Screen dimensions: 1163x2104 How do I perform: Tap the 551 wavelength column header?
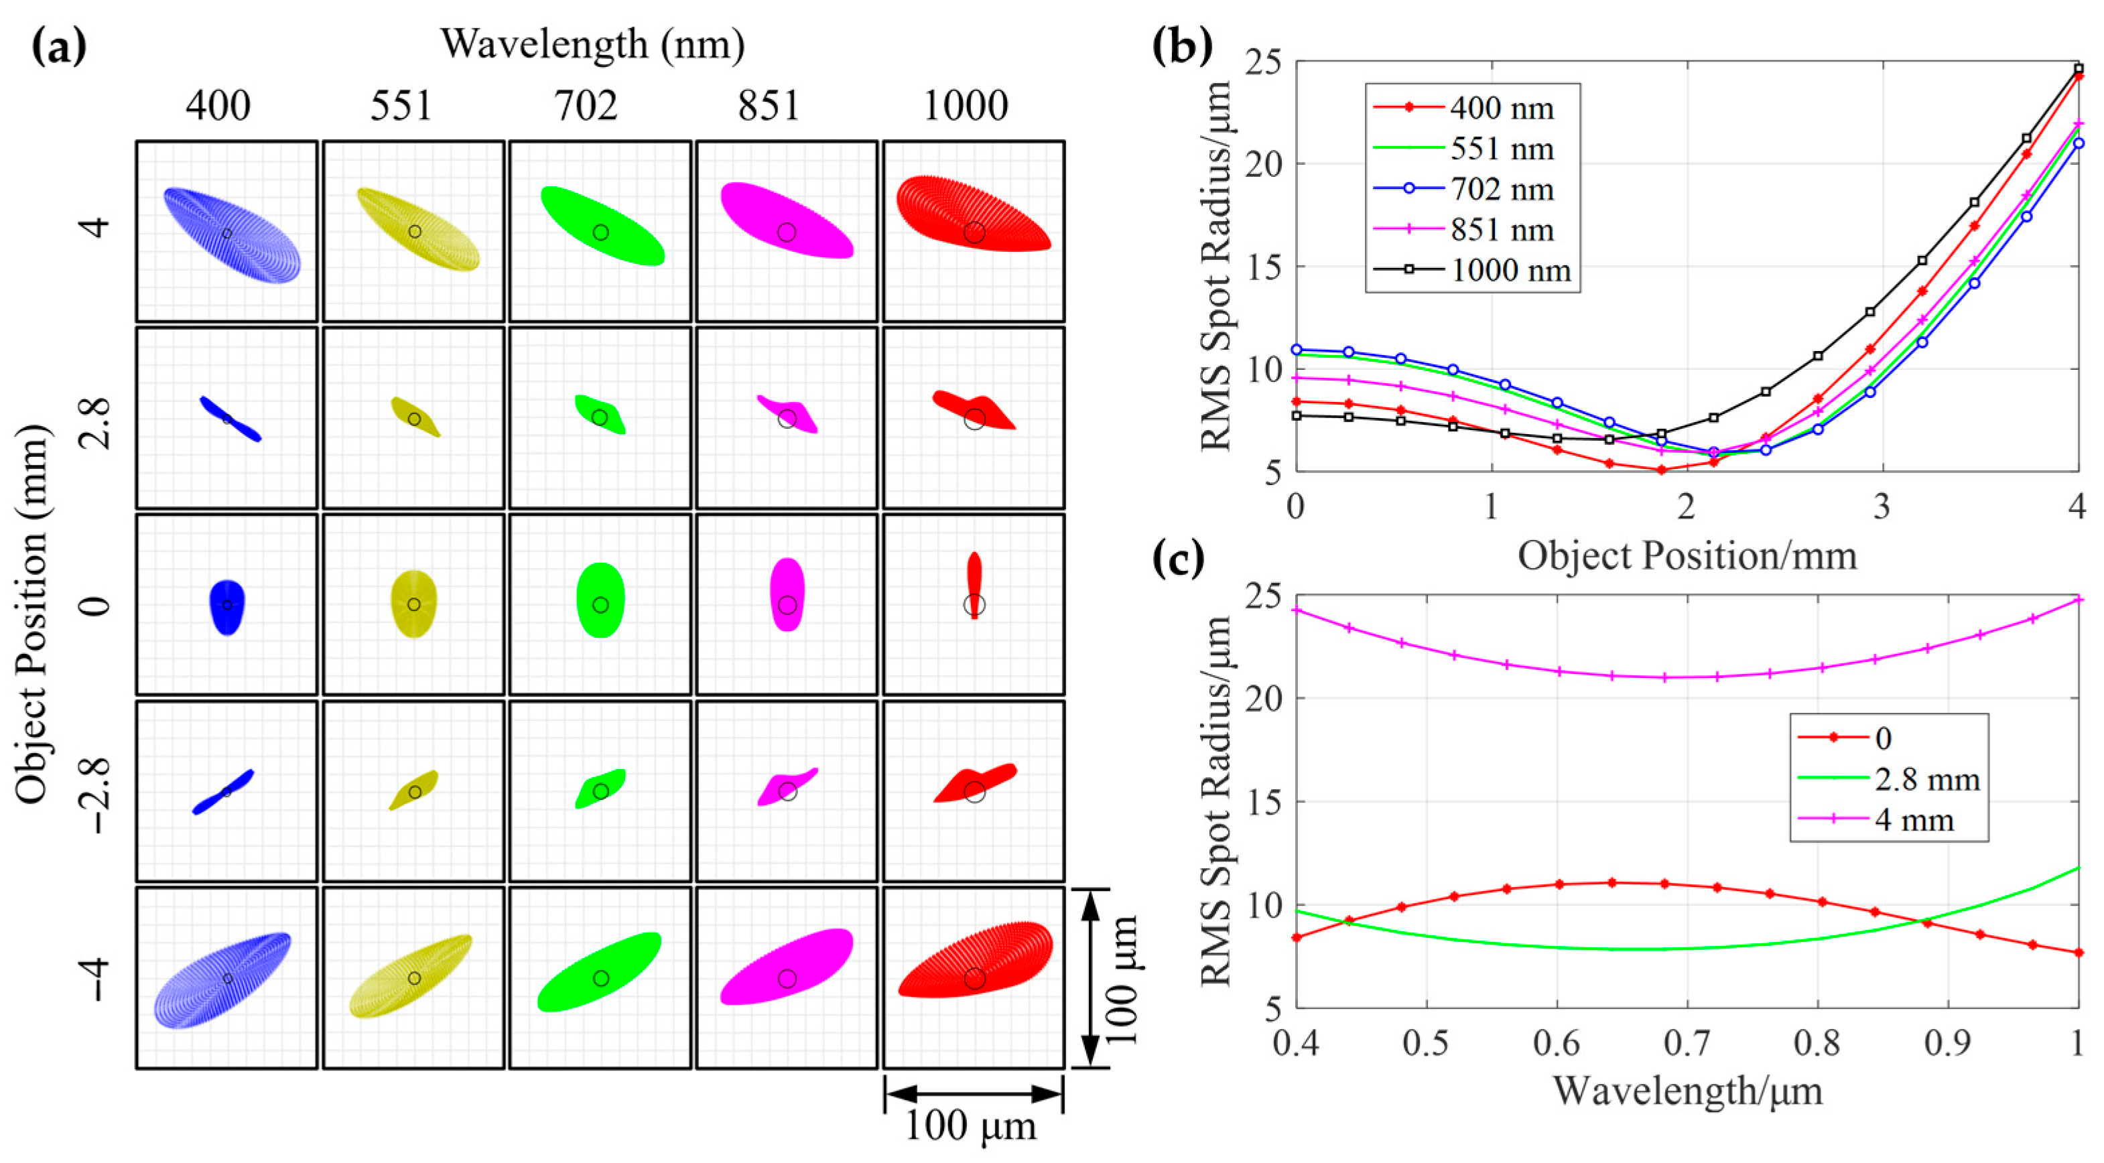pyautogui.click(x=401, y=106)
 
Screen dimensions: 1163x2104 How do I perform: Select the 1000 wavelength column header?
pyautogui.click(x=966, y=106)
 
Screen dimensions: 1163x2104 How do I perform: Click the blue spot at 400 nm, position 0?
pyautogui.click(x=227, y=606)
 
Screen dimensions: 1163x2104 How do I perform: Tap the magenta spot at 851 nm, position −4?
pyautogui.click(x=787, y=968)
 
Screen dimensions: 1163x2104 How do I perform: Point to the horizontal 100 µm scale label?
pyautogui.click(x=970, y=1126)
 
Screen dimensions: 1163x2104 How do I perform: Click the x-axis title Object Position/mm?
pyautogui.click(x=1687, y=556)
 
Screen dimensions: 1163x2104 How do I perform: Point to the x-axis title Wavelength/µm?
pyautogui.click(x=1687, y=1091)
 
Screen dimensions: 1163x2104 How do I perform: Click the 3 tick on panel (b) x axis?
pyautogui.click(x=1882, y=508)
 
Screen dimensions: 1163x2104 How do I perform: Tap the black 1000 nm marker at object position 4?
pyautogui.click(x=2079, y=68)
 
